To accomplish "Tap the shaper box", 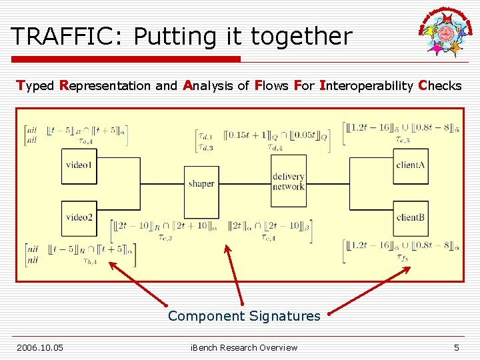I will (201, 183).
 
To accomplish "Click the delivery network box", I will (289, 181).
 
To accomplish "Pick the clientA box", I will (410, 165).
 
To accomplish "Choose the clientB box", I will (410, 217).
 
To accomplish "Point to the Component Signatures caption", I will (244, 316).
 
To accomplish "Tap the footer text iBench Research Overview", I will (244, 347).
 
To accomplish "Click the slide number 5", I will (457, 347).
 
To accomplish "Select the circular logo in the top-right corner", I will (445, 31).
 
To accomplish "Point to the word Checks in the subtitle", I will (439, 85).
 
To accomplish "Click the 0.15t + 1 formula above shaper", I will (247, 135).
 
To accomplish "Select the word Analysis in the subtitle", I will (207, 85).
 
